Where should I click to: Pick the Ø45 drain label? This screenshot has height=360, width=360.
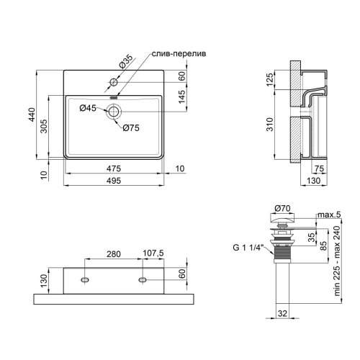(88, 109)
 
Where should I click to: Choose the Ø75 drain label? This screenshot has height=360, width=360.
(130, 128)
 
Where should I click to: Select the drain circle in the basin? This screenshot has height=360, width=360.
(114, 111)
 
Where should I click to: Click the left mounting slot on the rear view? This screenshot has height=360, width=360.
(85, 279)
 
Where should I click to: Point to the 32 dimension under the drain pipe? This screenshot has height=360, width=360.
(282, 314)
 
